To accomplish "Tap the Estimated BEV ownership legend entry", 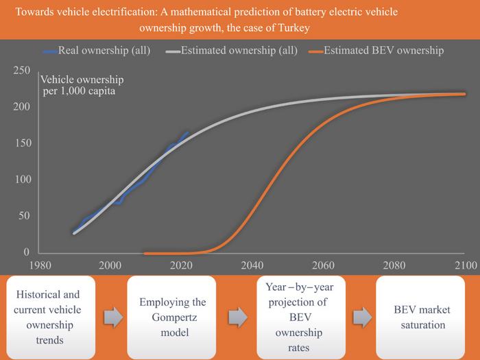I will coord(383,50).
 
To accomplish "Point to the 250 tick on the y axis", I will coord(22,70).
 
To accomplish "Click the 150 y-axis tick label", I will coord(22,143).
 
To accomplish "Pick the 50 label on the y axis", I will coord(25,216).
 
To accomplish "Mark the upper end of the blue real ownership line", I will coord(187,132).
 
